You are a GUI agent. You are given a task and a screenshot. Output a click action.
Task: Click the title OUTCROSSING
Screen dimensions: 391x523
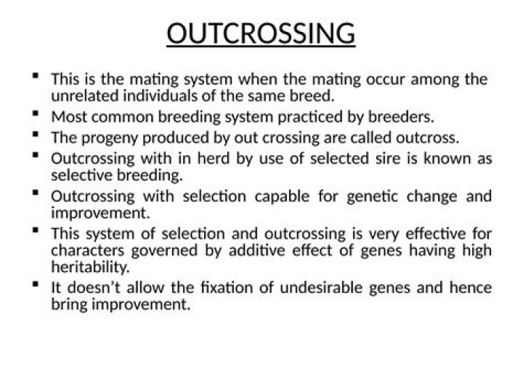[261, 34]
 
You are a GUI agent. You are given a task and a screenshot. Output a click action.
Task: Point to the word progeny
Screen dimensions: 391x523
[104, 137]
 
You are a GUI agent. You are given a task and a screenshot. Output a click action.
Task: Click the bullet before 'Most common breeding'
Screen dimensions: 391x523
[36, 114]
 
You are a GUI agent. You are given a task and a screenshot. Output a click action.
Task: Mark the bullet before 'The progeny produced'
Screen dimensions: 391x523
[36, 134]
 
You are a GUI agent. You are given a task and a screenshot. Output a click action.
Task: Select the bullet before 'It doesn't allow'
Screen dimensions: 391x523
[36, 286]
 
